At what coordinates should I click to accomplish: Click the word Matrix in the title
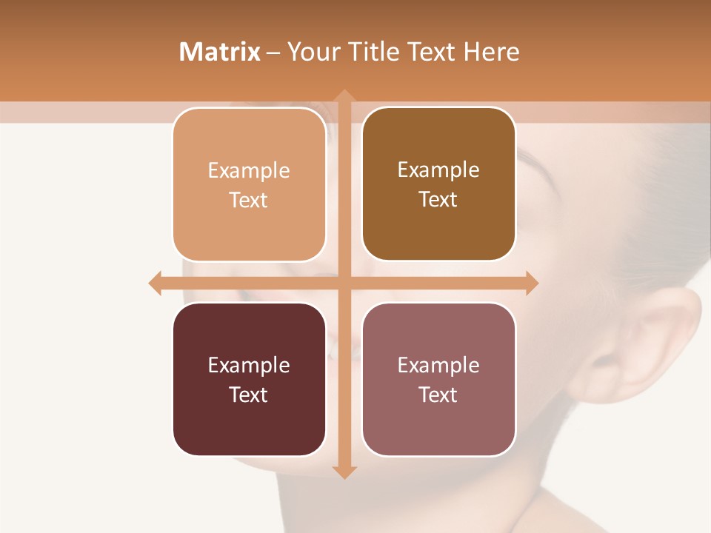pyautogui.click(x=219, y=52)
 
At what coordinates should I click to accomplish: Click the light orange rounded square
pyautogui.click(x=249, y=185)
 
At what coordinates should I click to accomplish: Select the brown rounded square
pyautogui.click(x=438, y=184)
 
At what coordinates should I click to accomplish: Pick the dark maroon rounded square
pyautogui.click(x=249, y=380)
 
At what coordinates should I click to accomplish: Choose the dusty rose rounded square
pyautogui.click(x=438, y=380)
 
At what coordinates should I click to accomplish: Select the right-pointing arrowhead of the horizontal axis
pyautogui.click(x=532, y=283)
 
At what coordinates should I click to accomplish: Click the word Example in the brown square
pyautogui.click(x=438, y=170)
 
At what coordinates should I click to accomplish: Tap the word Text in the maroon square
pyautogui.click(x=249, y=395)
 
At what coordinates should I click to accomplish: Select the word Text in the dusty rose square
pyautogui.click(x=438, y=395)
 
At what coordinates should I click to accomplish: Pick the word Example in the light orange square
pyautogui.click(x=249, y=170)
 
